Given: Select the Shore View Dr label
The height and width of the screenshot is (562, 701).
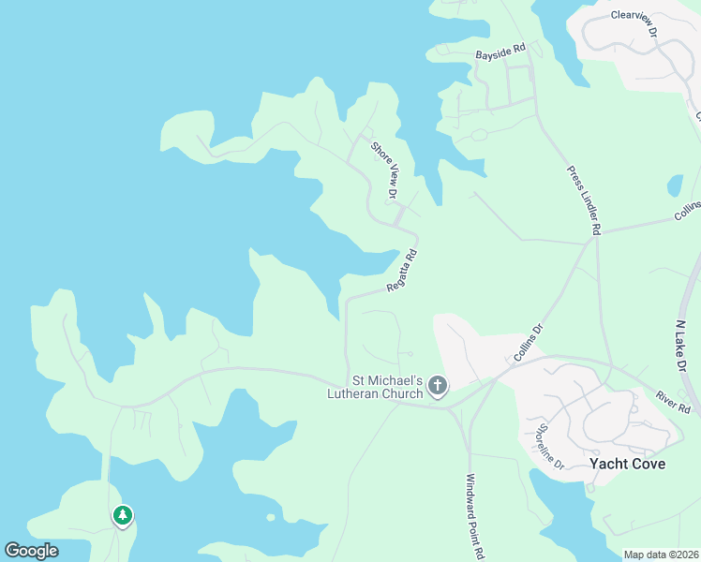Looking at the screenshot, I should [x=385, y=169].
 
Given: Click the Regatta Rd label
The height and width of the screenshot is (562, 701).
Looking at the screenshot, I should [x=401, y=271].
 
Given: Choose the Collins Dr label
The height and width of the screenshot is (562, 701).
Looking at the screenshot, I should [x=528, y=344].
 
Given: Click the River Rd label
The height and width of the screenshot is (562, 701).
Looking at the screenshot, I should [x=673, y=402].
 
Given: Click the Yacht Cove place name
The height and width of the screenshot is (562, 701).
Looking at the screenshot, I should [x=628, y=465].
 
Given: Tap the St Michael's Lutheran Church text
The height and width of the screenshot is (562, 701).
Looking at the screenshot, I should [x=387, y=387].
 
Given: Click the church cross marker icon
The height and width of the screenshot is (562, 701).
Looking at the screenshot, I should [x=438, y=386].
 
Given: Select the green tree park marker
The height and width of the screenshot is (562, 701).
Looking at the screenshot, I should [x=122, y=515].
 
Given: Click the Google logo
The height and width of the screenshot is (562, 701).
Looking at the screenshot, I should [x=31, y=551].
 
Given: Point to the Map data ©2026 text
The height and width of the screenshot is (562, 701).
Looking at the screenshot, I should [x=661, y=555].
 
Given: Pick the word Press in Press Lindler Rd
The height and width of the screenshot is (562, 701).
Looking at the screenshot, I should [x=574, y=176].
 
